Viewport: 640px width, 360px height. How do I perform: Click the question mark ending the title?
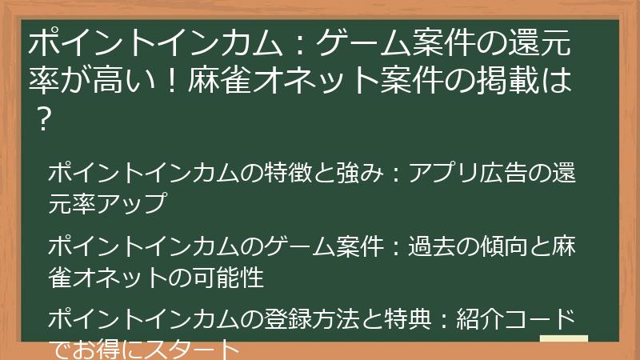pos(44,118)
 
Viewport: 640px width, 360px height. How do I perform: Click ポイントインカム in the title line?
pos(155,43)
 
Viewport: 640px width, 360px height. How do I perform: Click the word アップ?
pos(131,203)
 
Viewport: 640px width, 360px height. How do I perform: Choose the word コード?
pos(539,318)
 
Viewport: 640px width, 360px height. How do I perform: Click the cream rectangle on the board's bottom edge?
pos(564,338)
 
